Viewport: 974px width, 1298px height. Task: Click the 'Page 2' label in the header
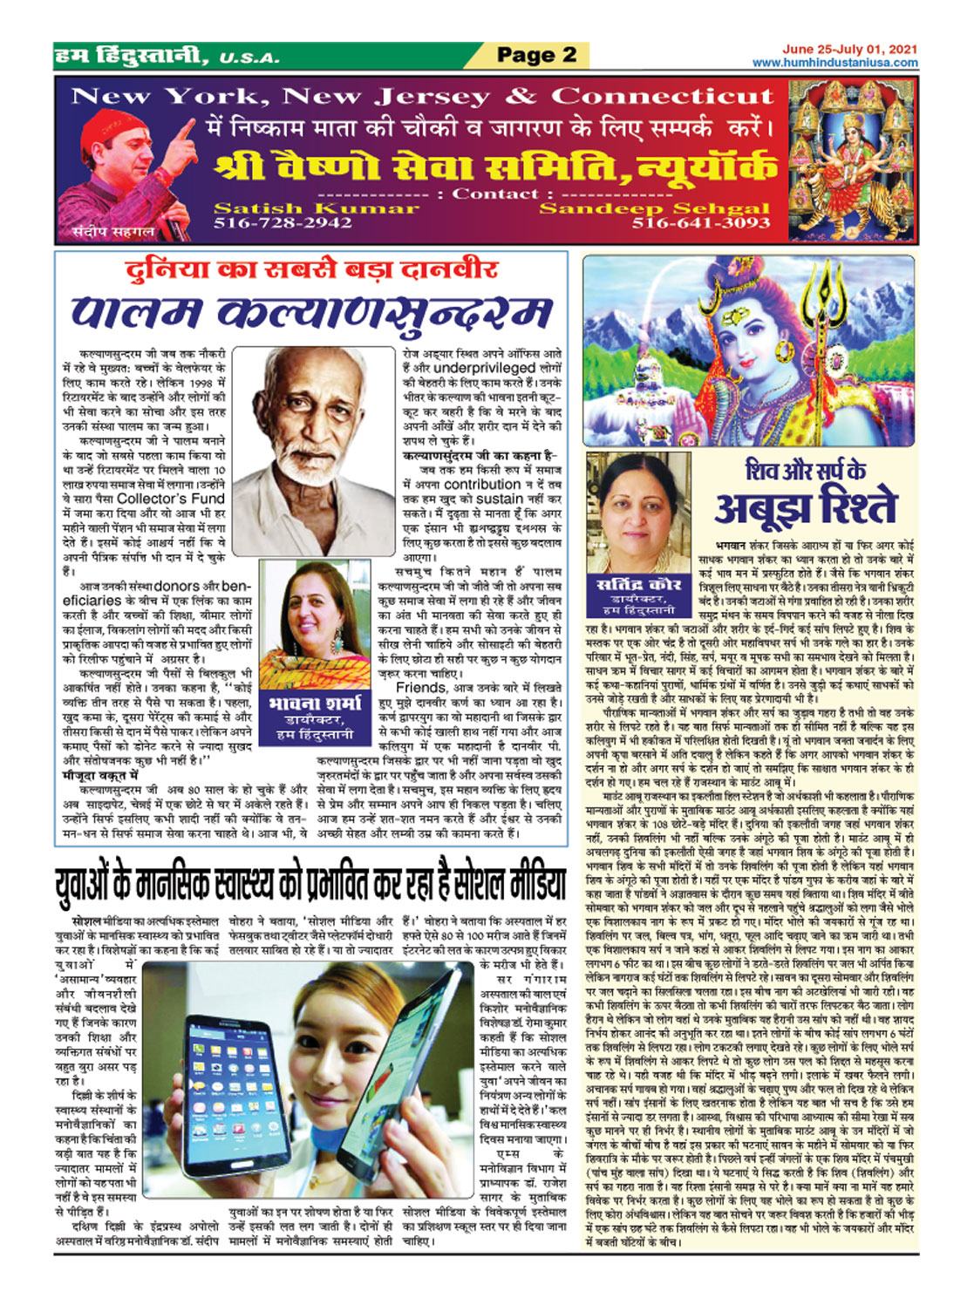coord(536,56)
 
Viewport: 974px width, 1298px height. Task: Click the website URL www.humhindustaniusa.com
coord(834,63)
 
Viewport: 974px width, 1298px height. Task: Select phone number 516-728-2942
coord(283,223)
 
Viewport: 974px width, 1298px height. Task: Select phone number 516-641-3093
coord(701,223)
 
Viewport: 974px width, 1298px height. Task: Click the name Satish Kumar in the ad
coord(316,208)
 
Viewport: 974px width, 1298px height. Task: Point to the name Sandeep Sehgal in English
coord(655,208)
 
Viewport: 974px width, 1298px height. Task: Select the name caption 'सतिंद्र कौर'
coord(639,585)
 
